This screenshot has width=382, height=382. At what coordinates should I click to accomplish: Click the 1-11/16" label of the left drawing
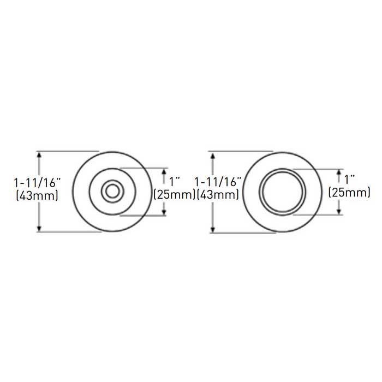(37, 183)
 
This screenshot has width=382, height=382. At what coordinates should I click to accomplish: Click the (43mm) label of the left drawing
(37, 195)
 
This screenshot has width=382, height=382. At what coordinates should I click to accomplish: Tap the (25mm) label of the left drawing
(175, 194)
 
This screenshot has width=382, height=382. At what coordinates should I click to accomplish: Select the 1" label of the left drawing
(175, 182)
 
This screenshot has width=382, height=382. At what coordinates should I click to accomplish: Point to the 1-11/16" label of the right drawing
(218, 182)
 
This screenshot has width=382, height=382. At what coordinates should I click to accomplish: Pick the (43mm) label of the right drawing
(218, 194)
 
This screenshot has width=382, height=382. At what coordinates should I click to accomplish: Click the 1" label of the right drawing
(349, 180)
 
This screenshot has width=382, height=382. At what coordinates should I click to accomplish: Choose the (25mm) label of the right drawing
(349, 193)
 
